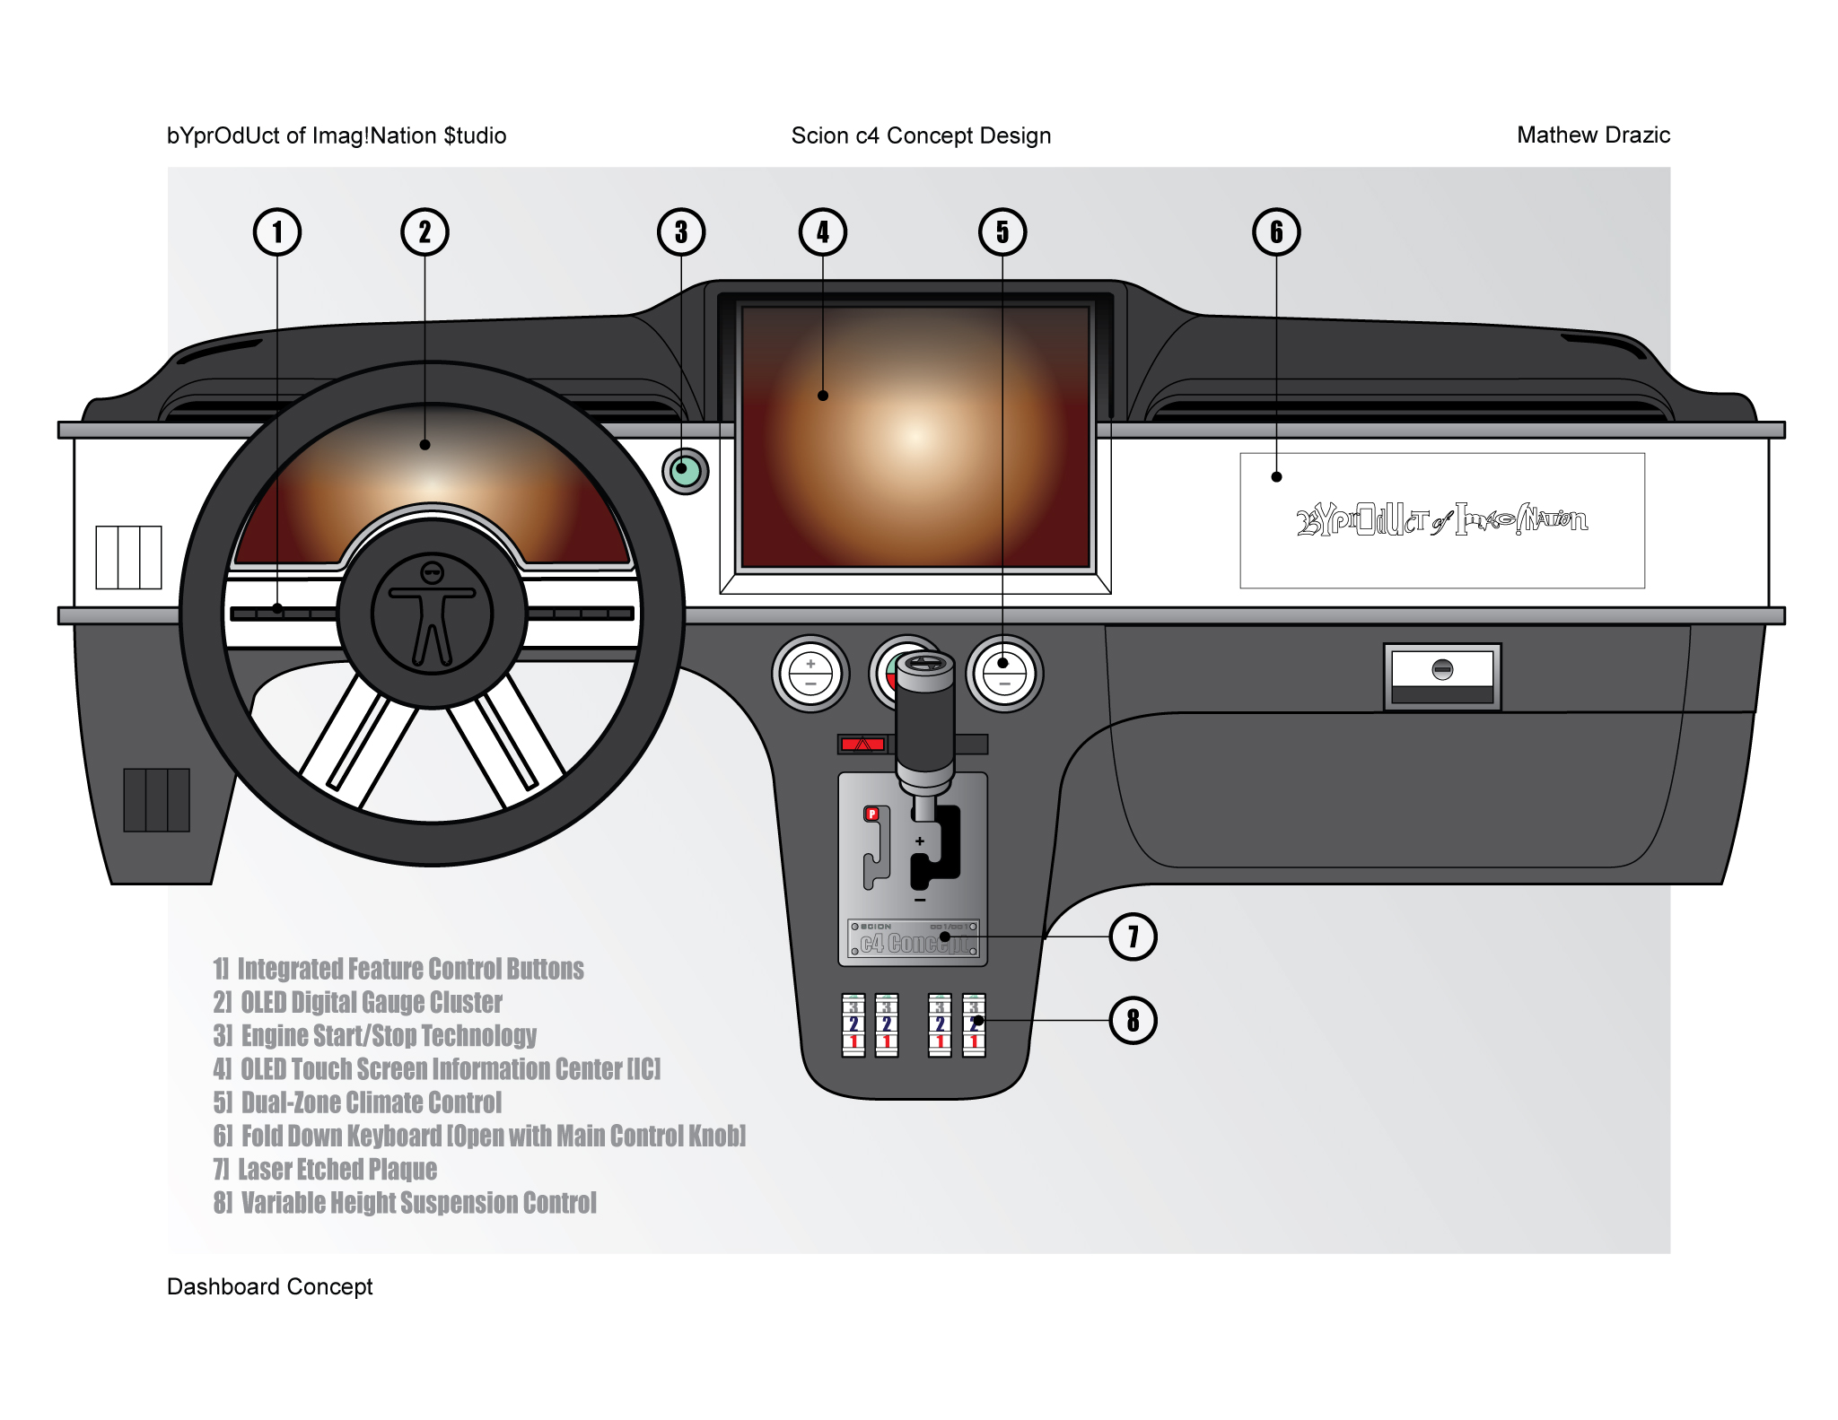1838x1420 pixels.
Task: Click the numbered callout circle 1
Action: coord(276,232)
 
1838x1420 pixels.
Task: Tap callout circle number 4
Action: coord(822,232)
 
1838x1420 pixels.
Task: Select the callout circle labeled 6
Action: coord(1275,232)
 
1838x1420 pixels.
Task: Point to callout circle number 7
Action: coord(1133,937)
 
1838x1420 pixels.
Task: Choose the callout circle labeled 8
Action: coord(1133,1021)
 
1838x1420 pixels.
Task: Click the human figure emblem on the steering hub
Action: coord(433,614)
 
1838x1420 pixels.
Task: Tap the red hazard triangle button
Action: coord(863,744)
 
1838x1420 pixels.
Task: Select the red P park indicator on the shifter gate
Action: coord(871,814)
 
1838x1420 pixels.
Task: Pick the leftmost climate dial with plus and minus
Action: coord(810,674)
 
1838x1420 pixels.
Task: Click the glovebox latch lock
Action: coord(1442,669)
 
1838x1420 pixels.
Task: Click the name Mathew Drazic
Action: coord(1593,135)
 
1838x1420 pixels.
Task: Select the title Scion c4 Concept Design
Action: coord(921,135)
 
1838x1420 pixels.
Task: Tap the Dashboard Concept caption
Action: coord(269,1286)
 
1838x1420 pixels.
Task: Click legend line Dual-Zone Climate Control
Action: coord(357,1102)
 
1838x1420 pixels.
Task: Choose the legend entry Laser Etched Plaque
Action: coord(325,1170)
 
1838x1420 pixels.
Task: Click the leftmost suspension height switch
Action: coord(853,1024)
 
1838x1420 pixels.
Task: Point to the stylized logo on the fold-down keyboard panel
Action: coord(1441,520)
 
